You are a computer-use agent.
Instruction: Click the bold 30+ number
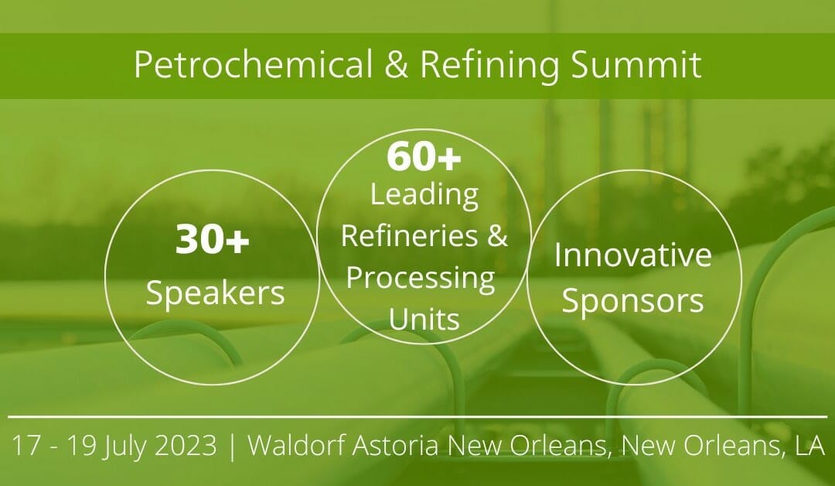click(x=212, y=241)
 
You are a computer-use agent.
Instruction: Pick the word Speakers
click(x=215, y=293)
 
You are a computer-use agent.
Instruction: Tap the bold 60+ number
click(x=424, y=158)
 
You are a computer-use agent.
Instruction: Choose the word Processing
click(x=421, y=277)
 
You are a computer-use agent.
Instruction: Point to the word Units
click(x=424, y=317)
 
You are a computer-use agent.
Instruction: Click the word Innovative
click(x=633, y=255)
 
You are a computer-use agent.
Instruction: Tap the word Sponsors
click(x=632, y=301)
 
